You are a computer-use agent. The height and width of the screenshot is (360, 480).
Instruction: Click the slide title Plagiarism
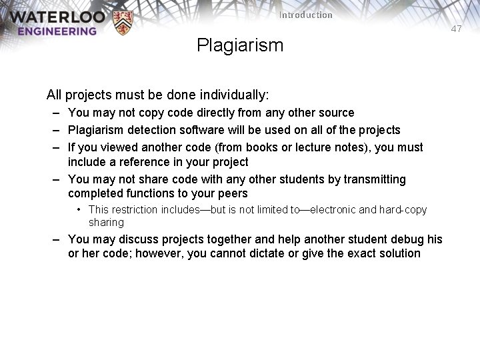click(240, 45)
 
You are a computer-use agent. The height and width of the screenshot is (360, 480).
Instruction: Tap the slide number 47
click(456, 29)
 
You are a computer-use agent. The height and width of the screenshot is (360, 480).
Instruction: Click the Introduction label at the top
click(306, 15)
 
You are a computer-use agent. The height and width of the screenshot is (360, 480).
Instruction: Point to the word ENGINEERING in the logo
click(57, 31)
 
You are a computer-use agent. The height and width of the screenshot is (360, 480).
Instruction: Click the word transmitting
click(376, 179)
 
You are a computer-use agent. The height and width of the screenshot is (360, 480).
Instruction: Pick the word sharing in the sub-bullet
click(106, 222)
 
